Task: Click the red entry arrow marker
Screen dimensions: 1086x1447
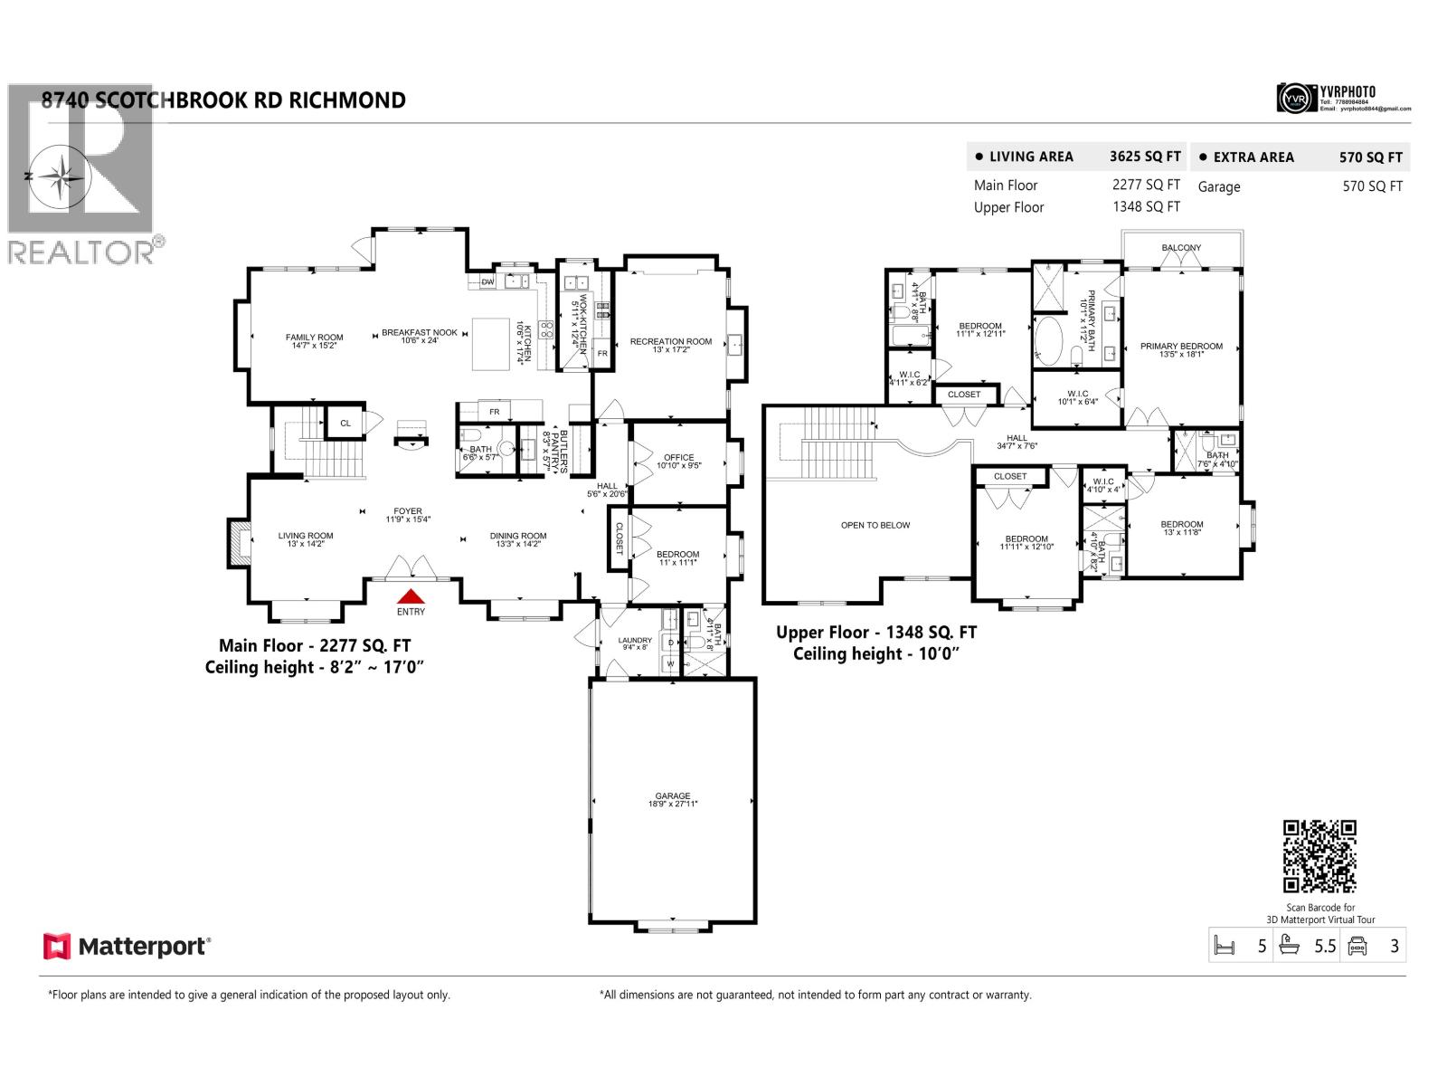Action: coord(411,595)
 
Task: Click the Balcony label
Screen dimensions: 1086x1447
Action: coord(1181,248)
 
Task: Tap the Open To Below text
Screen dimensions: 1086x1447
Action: coord(875,525)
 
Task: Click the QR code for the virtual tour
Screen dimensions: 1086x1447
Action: coord(1319,856)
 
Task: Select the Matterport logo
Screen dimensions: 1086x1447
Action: coord(127,947)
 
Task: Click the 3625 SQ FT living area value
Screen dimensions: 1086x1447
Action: coord(1145,157)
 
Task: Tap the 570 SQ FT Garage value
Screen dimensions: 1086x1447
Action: coord(1372,186)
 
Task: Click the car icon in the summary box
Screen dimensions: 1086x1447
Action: coord(1357,947)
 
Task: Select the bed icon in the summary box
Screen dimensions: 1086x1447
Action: coord(1225,947)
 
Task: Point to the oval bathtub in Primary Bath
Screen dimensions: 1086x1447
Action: coord(1050,341)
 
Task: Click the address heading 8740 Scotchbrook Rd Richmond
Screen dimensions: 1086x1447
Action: coord(223,100)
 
